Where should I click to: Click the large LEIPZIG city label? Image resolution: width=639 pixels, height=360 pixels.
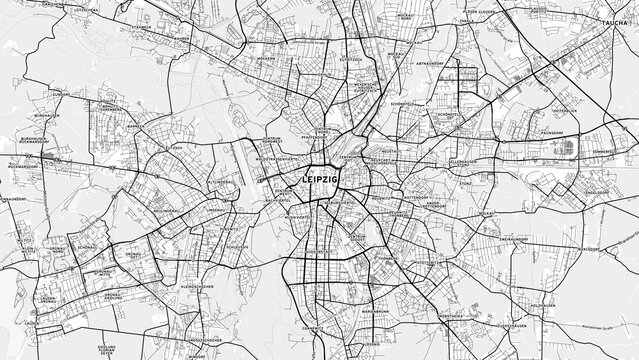point(320,179)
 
